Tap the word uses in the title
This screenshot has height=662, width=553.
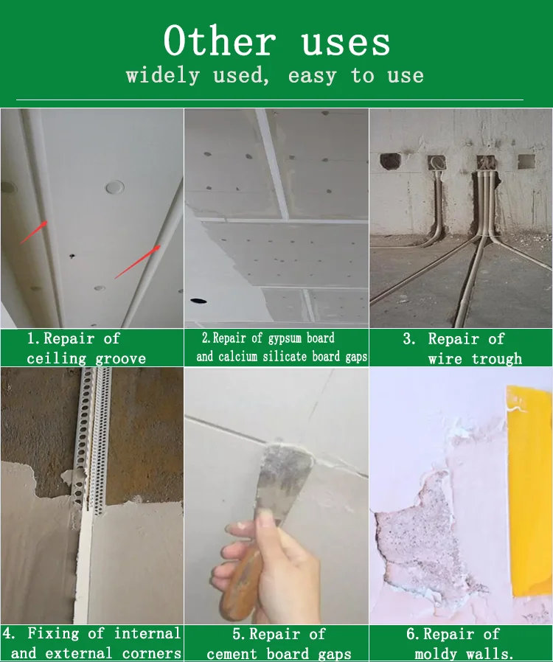(346, 43)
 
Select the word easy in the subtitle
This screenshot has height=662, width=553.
(312, 76)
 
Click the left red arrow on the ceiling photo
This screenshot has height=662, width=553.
(33, 231)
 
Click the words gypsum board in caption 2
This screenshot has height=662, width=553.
(301, 338)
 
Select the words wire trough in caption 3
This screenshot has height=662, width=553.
(475, 359)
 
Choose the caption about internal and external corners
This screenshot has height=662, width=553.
(92, 644)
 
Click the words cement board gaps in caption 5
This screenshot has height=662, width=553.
(279, 654)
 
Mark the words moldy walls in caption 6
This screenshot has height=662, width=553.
(464, 654)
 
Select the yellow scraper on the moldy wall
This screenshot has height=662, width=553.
(529, 487)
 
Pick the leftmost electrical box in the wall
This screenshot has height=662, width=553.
(389, 161)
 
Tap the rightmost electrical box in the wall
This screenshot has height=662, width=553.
(526, 161)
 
